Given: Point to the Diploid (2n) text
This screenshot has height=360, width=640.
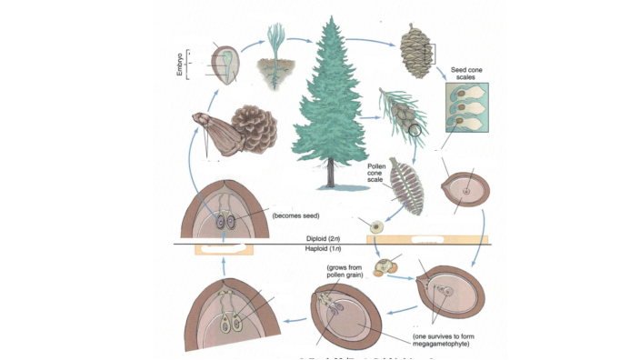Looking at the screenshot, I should pyautogui.click(x=325, y=238).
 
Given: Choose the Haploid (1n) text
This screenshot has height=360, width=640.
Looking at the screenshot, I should pyautogui.click(x=325, y=248).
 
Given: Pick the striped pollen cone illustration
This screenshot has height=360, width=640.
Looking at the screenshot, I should pyautogui.click(x=405, y=185).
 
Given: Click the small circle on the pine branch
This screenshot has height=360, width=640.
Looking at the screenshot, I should pyautogui.click(x=415, y=131).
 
